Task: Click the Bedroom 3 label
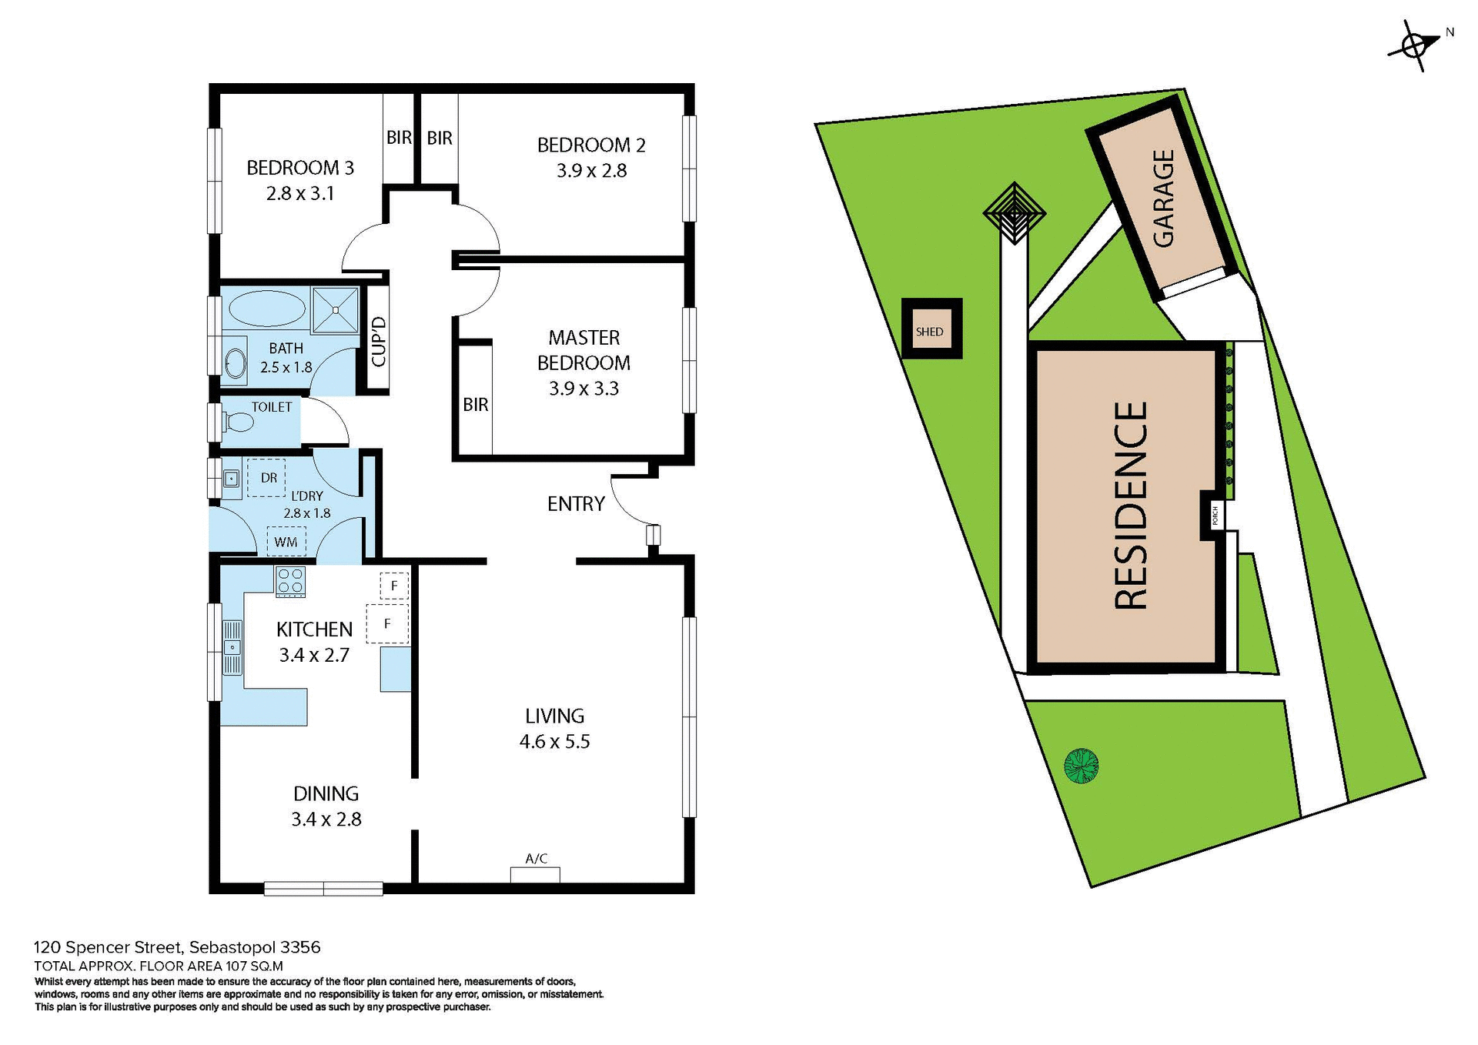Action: [300, 168]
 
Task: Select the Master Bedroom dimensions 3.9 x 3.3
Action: [584, 389]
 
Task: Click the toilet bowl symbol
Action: [239, 422]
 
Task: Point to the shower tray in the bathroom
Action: [336, 309]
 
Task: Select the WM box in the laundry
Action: [286, 542]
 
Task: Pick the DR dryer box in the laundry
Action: [266, 478]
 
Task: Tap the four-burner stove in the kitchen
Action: [290, 582]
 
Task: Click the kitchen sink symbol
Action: [232, 646]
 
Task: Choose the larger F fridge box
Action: [387, 623]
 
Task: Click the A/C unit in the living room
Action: [535, 874]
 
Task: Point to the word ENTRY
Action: [576, 504]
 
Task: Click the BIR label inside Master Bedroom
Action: [476, 405]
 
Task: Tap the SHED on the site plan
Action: [931, 331]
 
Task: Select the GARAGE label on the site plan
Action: [1163, 198]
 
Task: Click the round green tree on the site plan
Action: [1081, 766]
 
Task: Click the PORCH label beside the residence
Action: [1215, 515]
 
